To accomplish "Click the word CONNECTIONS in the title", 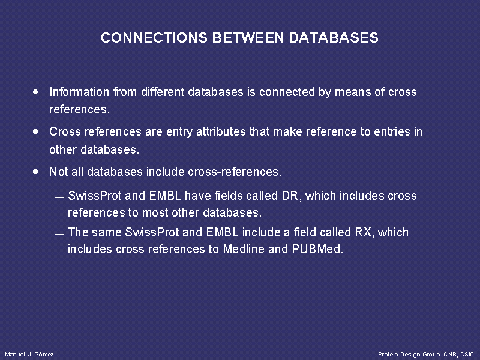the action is point(154,38).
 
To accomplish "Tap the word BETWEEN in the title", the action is point(248,38).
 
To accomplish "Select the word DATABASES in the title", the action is point(334,38).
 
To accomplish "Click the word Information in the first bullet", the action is point(79,92).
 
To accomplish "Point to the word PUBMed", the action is point(316,249).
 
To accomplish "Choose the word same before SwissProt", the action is point(107,232).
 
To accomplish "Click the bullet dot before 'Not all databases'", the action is point(36,172).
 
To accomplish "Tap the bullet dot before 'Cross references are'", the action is point(36,131).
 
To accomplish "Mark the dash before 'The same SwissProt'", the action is point(59,235).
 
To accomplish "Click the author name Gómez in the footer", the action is point(44,354).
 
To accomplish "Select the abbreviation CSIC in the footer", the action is point(467,354).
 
